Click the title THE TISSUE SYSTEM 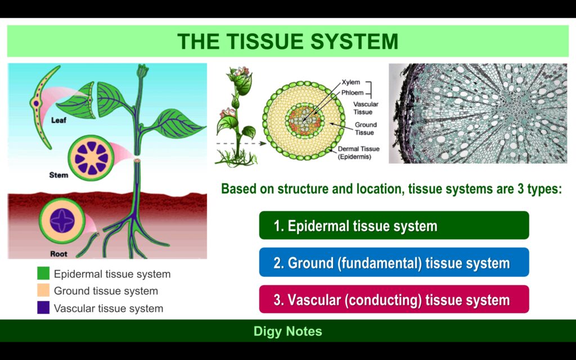tap(287, 41)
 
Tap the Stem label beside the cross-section tap(58, 175)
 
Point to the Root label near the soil tap(58, 254)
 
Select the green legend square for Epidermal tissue tap(43, 274)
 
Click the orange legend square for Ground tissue tap(43, 291)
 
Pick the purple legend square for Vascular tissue tap(43, 308)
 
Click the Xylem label tap(350, 82)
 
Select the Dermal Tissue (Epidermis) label tap(358, 153)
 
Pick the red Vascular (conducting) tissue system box tap(394, 299)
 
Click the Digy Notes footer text tap(287, 331)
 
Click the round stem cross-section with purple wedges tap(90, 156)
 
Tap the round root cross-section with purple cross tap(62, 220)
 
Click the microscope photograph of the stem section tap(478, 113)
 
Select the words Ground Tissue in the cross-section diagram tap(366, 128)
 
